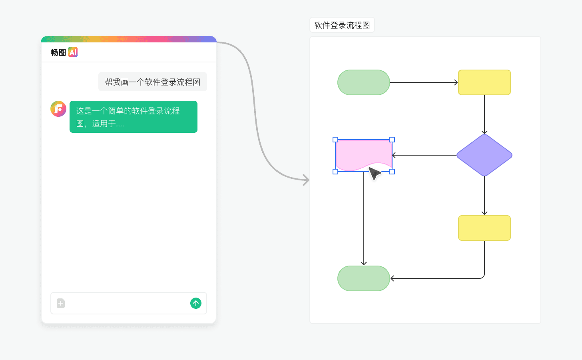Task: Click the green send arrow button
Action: click(196, 303)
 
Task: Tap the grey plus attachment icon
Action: click(61, 303)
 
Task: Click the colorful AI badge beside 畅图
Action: click(73, 52)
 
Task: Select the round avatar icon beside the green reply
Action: click(58, 109)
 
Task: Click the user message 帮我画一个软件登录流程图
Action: click(153, 82)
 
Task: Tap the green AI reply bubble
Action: click(134, 117)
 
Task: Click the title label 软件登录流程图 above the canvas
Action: click(342, 25)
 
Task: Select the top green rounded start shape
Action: click(364, 82)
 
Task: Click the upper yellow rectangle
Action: click(484, 82)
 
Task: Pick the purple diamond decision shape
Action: click(484, 155)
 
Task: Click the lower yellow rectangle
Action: click(484, 228)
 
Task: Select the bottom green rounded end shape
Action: click(364, 278)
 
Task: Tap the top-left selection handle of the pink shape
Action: click(335, 140)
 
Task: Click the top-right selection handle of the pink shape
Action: click(392, 140)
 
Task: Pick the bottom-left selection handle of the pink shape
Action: click(335, 172)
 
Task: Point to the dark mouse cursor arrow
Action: click(374, 174)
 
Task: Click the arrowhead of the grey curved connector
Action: click(307, 180)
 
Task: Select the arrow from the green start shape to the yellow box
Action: click(424, 82)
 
